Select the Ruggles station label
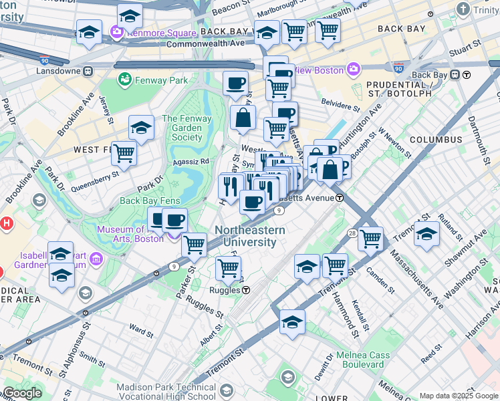228,290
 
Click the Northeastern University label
250,236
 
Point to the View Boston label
318,70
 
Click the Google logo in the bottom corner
21,393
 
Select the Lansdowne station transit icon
88,71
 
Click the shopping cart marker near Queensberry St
124,153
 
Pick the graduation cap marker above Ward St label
61,275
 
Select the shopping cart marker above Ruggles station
228,268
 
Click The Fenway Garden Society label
186,128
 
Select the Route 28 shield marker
352,232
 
